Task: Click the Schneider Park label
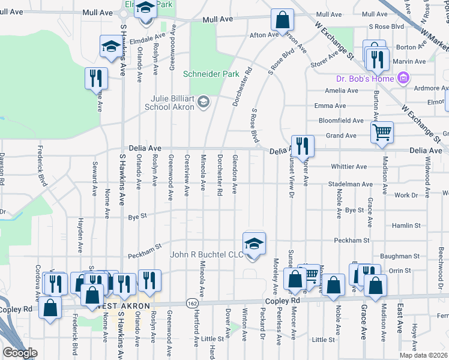point(202,74)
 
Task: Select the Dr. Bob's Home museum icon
point(403,79)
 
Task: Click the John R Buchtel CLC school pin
point(255,243)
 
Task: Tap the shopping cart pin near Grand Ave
point(382,133)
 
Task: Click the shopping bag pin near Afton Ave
point(282,20)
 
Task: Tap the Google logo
point(20,353)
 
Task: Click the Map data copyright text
point(423,355)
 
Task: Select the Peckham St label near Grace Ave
point(350,240)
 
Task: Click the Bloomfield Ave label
point(341,121)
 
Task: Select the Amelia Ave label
point(341,91)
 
